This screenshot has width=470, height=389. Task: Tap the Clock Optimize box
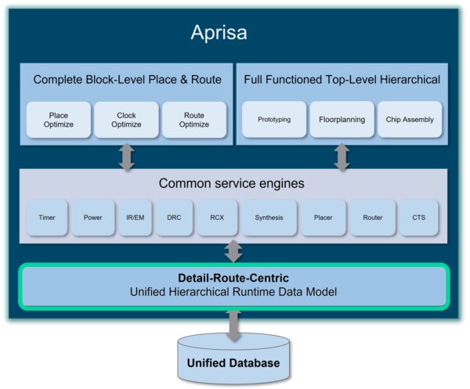coord(126,120)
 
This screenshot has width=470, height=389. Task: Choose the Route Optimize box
coord(194,120)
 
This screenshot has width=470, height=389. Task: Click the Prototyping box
coord(274,120)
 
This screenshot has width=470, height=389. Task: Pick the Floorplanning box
coord(342,120)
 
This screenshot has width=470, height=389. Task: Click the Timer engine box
coord(46,218)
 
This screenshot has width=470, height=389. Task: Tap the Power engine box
coord(93,218)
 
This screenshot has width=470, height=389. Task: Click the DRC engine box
coord(174,218)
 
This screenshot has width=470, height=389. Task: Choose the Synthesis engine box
coord(269,218)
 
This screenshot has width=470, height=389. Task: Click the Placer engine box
coord(324,218)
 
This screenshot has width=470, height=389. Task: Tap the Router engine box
coord(373,218)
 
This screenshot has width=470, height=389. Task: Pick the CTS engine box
coord(418,218)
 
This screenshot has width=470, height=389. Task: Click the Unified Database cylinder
coord(233,360)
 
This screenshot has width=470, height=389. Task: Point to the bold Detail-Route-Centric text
coord(233,277)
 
